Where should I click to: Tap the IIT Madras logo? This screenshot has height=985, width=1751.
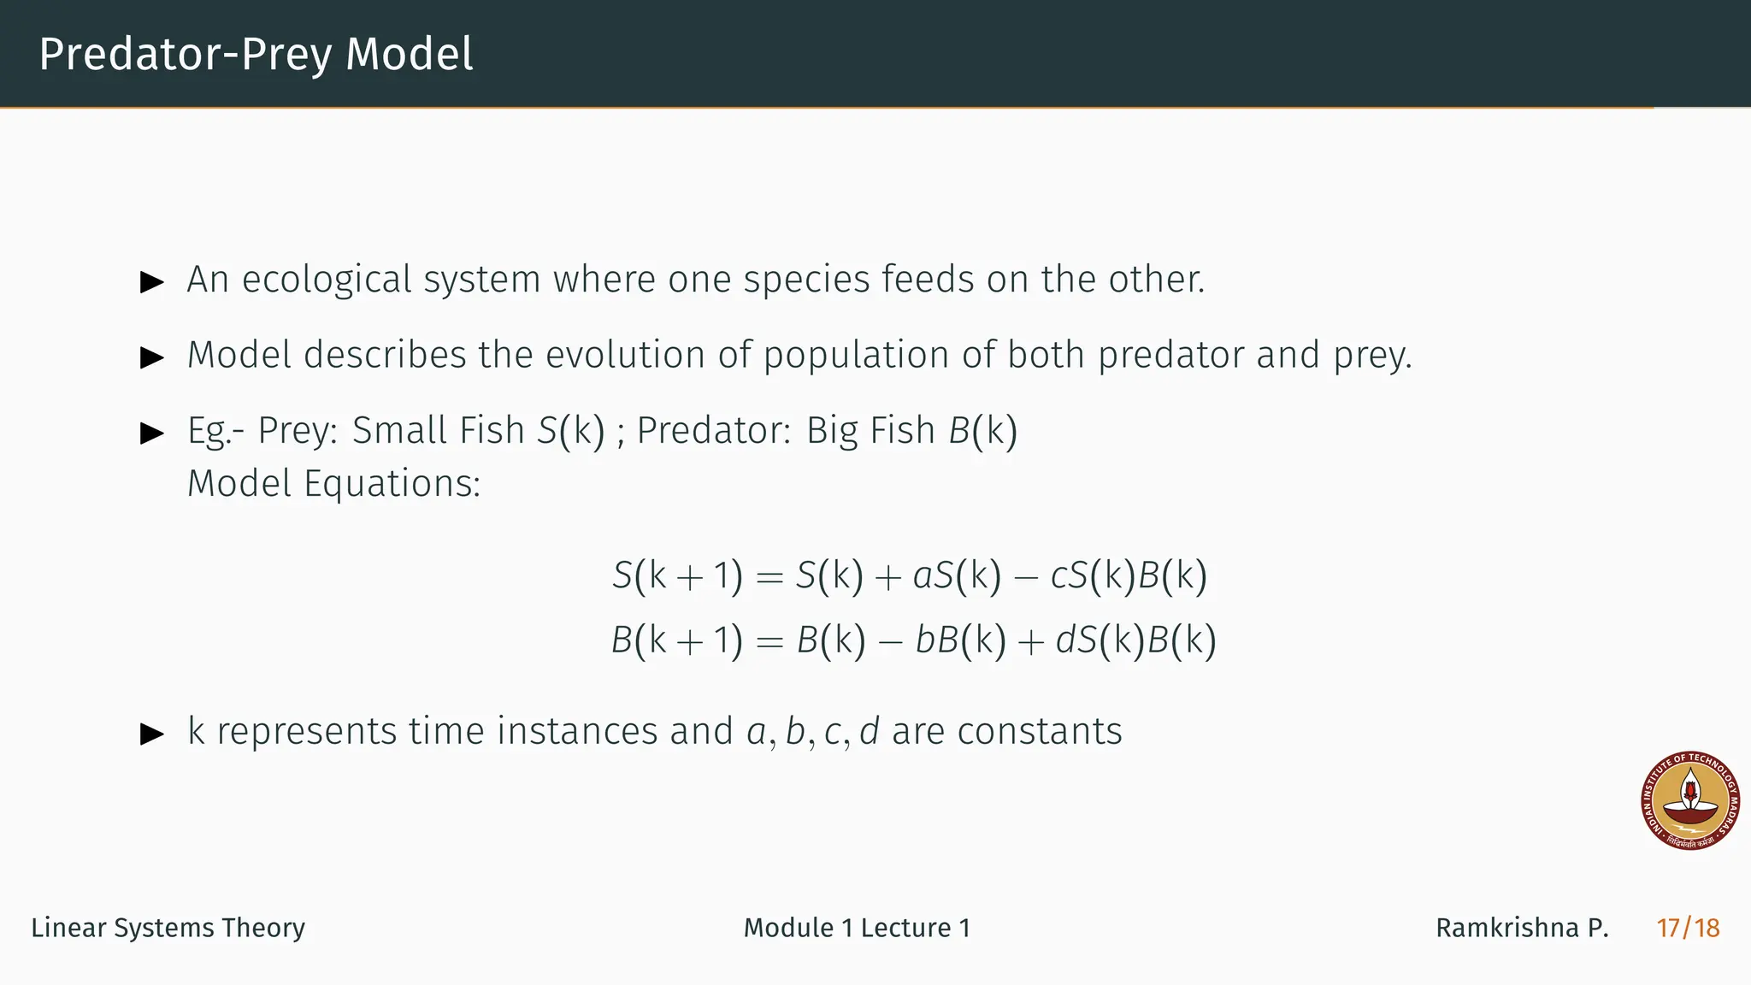tap(1690, 801)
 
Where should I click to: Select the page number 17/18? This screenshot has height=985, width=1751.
tap(1688, 928)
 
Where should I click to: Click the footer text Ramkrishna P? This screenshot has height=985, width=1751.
tap(1522, 928)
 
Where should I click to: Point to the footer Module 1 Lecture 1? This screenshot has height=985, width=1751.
tap(857, 928)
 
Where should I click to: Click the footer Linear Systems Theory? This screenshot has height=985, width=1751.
tap(168, 928)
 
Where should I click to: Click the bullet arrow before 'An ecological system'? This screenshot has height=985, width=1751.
tap(152, 281)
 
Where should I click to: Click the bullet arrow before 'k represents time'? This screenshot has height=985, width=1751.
tap(152, 733)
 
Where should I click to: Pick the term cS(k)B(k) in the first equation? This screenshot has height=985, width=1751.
tap(1129, 575)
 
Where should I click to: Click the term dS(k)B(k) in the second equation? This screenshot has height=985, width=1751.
tap(1135, 640)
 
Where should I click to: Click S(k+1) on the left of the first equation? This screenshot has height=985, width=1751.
tap(677, 575)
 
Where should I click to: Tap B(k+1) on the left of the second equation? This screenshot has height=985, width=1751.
tap(677, 640)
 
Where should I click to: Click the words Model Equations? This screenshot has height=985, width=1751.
tap(333, 484)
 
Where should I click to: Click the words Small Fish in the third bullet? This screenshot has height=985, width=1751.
tap(438, 430)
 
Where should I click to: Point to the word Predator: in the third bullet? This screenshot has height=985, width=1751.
tap(714, 430)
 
